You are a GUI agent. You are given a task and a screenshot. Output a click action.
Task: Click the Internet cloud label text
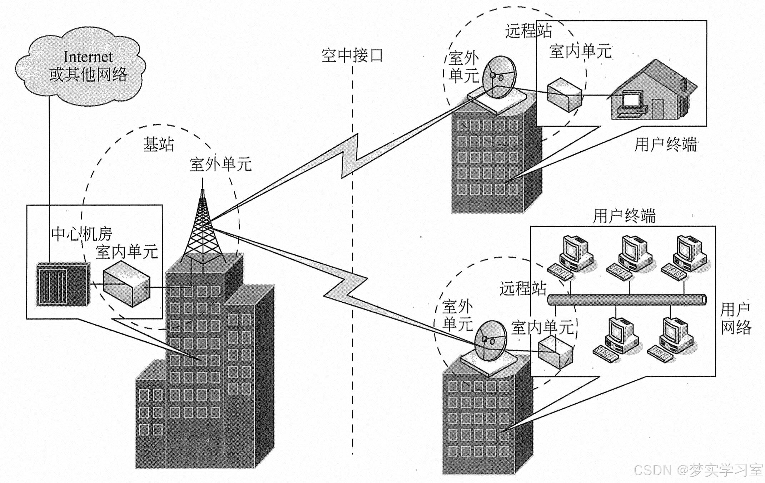(x=88, y=66)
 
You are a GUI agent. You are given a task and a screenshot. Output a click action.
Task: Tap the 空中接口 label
(x=352, y=55)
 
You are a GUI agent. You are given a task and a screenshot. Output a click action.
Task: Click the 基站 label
(x=158, y=145)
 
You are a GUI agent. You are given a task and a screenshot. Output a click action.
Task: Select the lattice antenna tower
(x=203, y=229)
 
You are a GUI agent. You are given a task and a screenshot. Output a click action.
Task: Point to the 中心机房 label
(x=81, y=234)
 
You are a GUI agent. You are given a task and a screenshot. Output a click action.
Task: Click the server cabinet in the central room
(x=63, y=284)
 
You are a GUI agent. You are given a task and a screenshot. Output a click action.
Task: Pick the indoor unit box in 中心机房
(x=127, y=284)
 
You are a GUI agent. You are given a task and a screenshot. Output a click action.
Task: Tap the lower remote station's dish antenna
(x=491, y=341)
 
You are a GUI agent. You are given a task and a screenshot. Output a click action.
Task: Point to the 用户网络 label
(x=735, y=318)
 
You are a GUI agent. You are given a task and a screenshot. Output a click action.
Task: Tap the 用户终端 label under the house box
(x=665, y=145)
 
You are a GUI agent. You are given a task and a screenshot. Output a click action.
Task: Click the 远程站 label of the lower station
(x=523, y=288)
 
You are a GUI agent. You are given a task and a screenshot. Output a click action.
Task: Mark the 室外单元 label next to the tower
(x=220, y=165)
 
